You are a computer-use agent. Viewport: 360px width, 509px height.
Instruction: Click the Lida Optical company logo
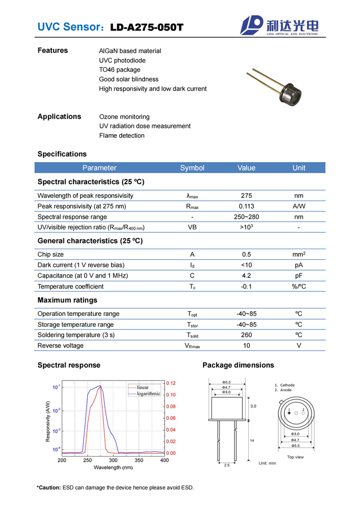point(279,25)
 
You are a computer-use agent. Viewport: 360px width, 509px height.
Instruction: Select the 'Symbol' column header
point(192,168)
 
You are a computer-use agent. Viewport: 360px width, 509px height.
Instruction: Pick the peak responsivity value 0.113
point(246,206)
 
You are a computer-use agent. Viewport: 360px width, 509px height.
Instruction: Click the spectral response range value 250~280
point(246,217)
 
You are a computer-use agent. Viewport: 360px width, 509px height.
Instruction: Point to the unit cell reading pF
point(299,275)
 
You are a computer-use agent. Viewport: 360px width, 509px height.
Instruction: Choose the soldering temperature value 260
point(246,335)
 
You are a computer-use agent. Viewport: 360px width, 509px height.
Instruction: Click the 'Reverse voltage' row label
point(60,345)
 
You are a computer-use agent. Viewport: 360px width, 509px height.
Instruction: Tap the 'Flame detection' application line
point(122,135)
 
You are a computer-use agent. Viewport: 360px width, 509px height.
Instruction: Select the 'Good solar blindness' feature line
point(129,79)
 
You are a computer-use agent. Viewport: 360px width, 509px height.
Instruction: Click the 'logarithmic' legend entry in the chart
point(149,394)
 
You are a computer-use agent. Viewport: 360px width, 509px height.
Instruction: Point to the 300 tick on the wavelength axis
point(113,460)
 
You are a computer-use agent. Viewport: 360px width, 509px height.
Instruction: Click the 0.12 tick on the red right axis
point(171,384)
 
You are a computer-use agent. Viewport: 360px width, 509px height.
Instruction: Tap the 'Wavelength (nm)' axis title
point(113,468)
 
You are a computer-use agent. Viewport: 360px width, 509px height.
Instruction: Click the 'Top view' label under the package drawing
point(295,457)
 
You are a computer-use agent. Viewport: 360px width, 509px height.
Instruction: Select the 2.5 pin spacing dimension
point(227,465)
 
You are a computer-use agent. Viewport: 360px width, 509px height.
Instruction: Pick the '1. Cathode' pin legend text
point(287,385)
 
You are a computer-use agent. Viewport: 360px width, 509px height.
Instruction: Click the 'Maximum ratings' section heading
point(67,300)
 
